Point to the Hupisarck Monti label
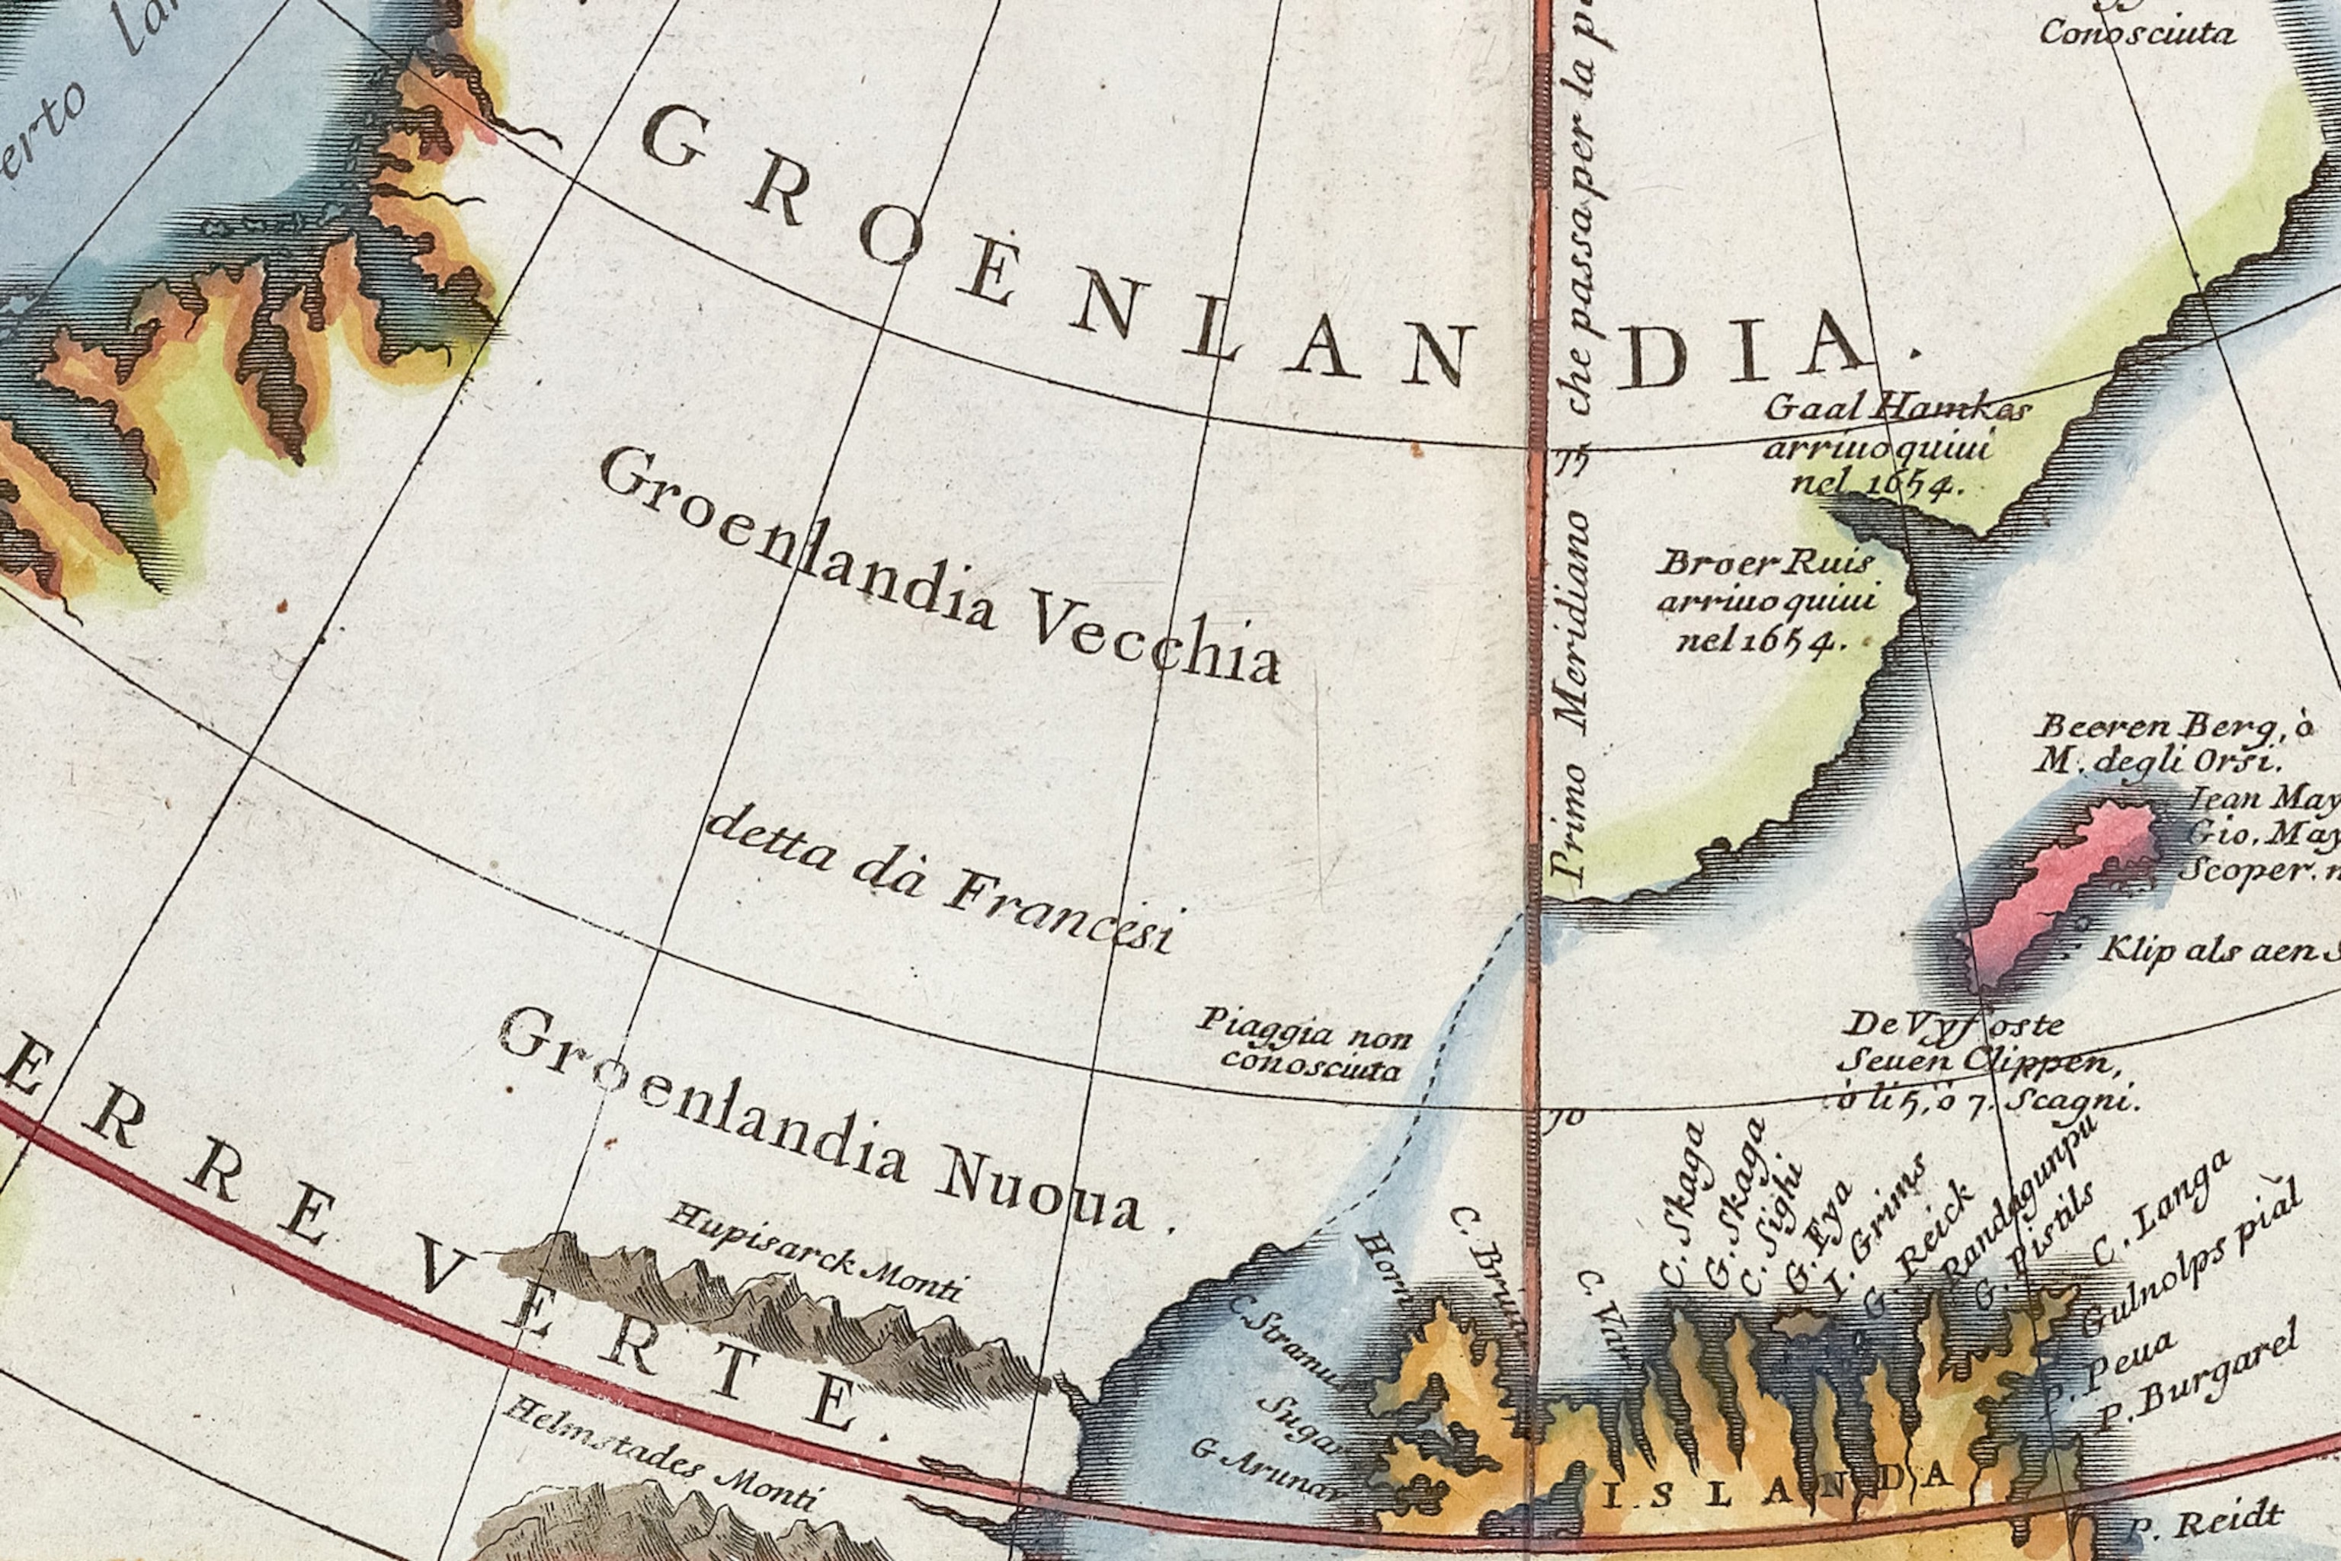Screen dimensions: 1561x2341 (x=815, y=1252)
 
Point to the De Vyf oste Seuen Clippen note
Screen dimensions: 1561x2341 (x=1981, y=1061)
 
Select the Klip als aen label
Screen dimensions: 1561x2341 (x=2215, y=951)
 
